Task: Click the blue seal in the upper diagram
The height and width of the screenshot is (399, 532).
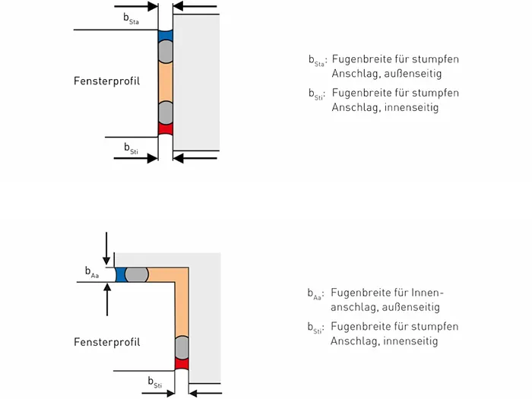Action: coord(166,36)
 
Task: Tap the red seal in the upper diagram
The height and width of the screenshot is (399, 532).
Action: coord(166,129)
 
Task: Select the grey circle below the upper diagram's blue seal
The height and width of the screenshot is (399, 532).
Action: coord(166,52)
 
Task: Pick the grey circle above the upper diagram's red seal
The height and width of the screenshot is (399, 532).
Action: coord(166,112)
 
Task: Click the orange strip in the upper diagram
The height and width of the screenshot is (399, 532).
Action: coord(166,82)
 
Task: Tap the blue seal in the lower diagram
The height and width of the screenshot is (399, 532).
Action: coord(120,275)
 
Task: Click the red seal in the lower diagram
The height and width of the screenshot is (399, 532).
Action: coord(182,364)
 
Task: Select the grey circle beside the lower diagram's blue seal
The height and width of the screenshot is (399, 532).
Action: coord(137,275)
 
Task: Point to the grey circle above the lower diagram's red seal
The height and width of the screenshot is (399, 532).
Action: coord(182,347)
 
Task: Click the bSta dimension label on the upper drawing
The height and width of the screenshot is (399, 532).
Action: coord(131,18)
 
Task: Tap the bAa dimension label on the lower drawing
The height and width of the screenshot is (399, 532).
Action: coord(92,272)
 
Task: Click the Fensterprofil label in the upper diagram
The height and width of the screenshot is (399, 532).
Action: coord(106,81)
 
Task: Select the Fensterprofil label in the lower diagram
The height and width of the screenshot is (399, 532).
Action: coord(107,342)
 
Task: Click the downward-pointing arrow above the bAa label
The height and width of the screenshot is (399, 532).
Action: coord(106,249)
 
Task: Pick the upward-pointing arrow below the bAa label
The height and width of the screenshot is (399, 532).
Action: coord(107,299)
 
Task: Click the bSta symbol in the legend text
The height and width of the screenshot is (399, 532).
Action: coord(317,60)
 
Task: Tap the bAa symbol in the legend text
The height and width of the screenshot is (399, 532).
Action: coord(315,294)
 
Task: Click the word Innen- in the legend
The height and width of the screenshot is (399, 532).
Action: coord(427,293)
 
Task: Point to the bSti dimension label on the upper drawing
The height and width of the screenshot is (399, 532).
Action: coord(131,148)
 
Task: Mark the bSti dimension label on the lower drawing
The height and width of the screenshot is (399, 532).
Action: coord(155,382)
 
